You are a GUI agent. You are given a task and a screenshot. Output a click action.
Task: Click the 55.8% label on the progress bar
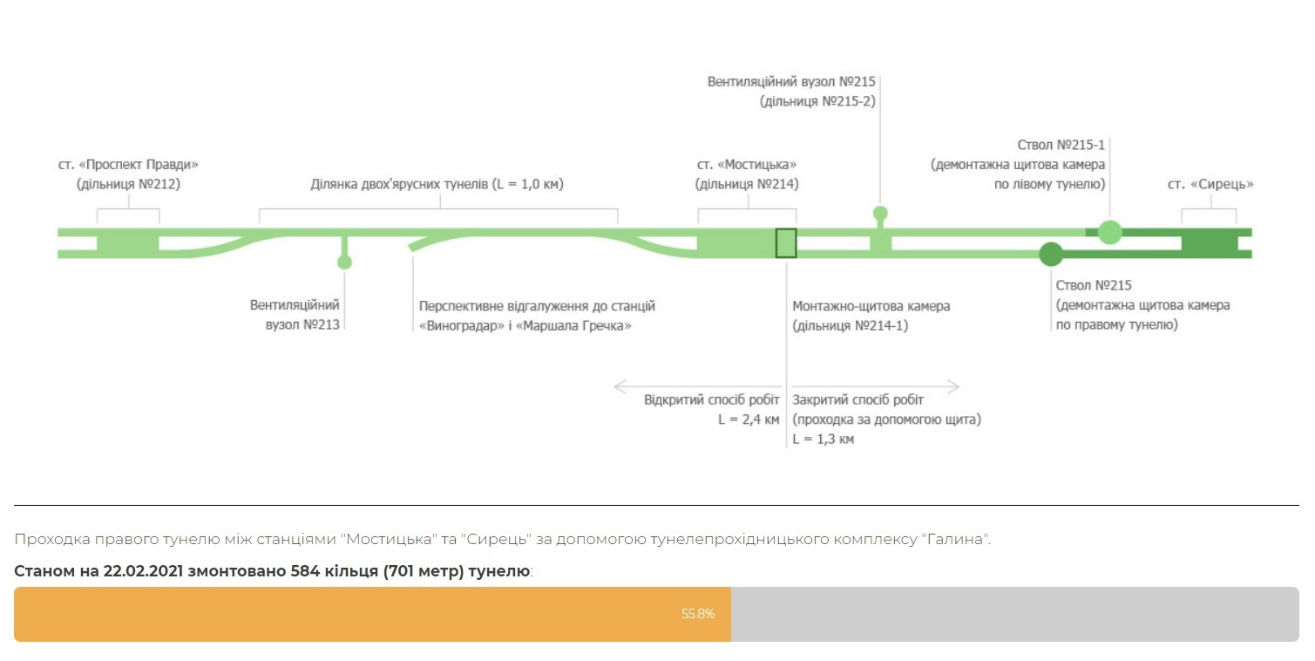(x=697, y=614)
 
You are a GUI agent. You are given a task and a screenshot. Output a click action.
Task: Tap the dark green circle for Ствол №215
(x=1051, y=255)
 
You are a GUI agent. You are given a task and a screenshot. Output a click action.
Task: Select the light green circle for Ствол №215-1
(x=1109, y=232)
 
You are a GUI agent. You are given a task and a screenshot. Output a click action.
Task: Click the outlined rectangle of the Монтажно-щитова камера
(x=786, y=243)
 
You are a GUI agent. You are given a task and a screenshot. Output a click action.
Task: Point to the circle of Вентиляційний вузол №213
(x=344, y=262)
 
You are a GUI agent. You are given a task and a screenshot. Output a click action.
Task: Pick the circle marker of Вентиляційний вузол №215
(x=880, y=213)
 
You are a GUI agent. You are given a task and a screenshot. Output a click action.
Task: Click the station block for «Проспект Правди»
(x=128, y=243)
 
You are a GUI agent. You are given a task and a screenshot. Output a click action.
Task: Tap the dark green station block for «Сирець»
(x=1210, y=243)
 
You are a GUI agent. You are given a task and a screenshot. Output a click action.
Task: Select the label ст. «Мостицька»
(x=747, y=165)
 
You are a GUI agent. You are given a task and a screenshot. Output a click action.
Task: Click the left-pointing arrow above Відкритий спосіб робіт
(x=697, y=386)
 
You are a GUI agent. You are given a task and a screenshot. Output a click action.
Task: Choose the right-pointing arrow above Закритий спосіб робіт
(x=876, y=386)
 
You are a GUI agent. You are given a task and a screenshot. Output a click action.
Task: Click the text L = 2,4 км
(x=749, y=419)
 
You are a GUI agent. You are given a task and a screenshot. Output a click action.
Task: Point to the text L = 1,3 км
(x=823, y=439)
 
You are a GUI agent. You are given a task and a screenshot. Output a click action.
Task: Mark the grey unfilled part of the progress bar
(x=1015, y=614)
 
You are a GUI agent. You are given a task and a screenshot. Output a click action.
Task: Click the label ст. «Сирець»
(x=1210, y=185)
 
